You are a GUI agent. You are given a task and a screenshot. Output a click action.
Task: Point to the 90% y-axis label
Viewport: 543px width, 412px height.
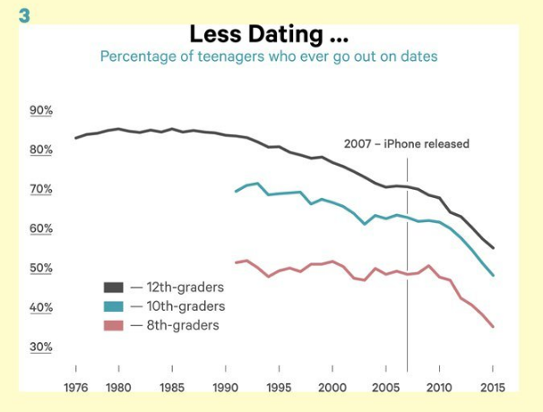pos(42,110)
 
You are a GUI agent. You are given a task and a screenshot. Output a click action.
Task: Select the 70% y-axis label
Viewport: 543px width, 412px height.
pos(42,189)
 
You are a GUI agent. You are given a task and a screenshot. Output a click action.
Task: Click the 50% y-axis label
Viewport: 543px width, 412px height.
pos(42,268)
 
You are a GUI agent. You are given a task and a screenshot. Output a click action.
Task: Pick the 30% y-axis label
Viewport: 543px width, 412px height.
pos(42,347)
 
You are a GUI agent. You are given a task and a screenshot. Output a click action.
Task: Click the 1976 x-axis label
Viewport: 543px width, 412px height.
pos(75,387)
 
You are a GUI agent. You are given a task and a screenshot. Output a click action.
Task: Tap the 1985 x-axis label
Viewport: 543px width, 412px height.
pos(172,387)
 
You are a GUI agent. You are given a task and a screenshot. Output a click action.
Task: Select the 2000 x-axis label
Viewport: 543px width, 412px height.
pos(332,387)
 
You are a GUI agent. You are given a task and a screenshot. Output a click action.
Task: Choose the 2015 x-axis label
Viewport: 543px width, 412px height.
pos(493,387)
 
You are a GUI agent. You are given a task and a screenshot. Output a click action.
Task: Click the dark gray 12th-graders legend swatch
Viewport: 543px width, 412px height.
pos(114,288)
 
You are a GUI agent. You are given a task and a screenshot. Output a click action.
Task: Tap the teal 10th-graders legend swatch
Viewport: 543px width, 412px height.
pos(114,306)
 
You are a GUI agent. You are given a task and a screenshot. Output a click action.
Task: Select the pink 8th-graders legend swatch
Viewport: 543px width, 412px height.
pos(114,325)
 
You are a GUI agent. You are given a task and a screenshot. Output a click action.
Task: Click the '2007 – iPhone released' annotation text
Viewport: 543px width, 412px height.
pos(406,143)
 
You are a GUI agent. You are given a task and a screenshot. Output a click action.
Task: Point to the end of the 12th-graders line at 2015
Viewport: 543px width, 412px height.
pos(493,248)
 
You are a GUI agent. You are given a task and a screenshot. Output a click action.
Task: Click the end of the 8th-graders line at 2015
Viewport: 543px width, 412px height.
pos(493,327)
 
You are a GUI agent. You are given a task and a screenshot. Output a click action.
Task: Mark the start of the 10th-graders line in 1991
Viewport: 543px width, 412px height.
pos(236,192)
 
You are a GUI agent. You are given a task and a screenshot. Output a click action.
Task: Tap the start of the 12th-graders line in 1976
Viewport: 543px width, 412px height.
pos(75,138)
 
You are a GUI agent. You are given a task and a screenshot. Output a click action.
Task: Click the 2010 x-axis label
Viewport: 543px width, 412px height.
pos(439,387)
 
